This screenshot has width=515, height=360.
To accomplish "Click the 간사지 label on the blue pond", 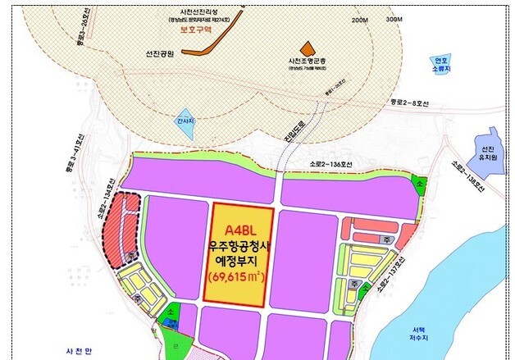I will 185,121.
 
